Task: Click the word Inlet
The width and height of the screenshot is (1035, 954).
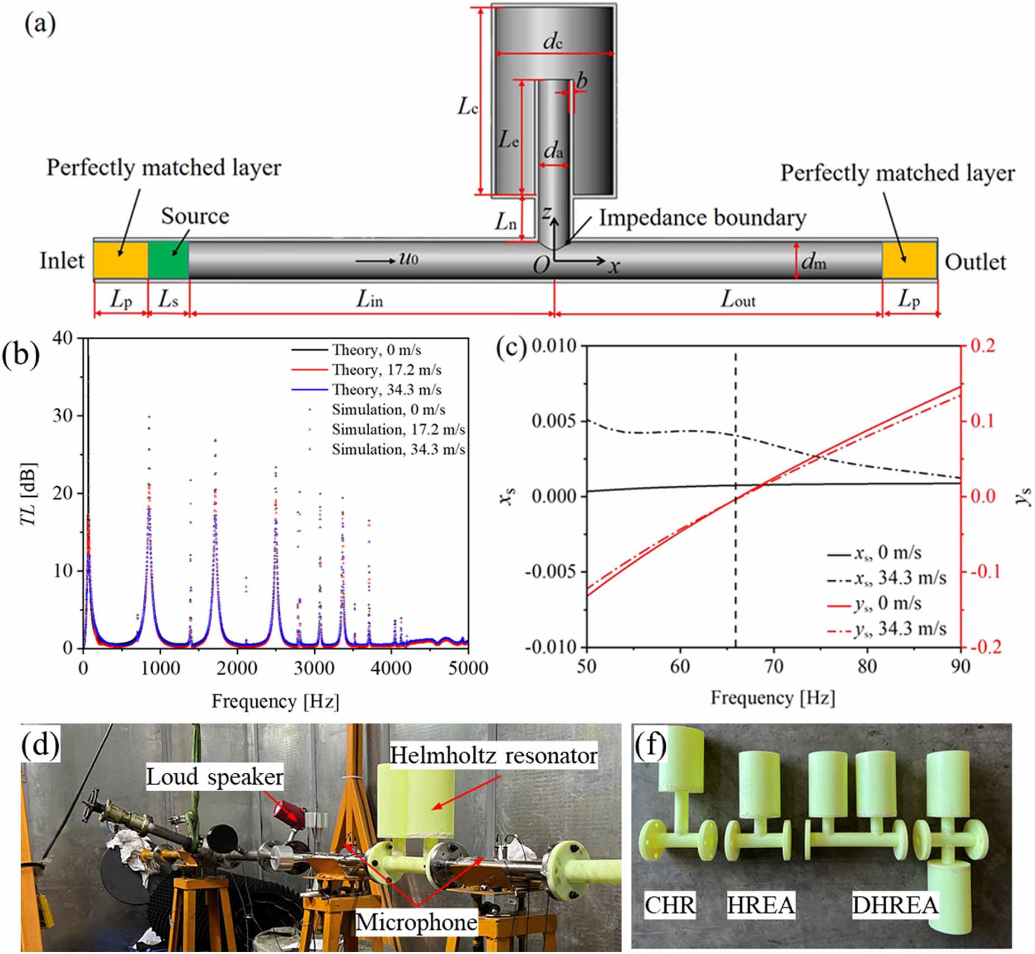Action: (x=62, y=261)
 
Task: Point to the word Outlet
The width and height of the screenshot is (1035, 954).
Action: (x=975, y=262)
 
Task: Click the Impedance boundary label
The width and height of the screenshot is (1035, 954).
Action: (x=702, y=218)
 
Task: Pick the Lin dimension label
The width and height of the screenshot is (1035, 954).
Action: (x=370, y=300)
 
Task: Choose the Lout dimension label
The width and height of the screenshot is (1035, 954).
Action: (x=737, y=300)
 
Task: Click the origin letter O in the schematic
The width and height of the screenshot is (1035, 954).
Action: (x=541, y=265)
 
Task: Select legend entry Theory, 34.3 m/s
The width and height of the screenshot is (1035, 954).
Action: (x=386, y=389)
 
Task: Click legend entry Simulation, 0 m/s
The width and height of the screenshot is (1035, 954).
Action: (x=388, y=410)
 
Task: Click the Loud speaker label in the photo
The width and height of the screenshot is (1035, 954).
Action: (x=215, y=777)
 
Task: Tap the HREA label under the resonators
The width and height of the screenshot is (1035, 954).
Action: (x=760, y=905)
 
